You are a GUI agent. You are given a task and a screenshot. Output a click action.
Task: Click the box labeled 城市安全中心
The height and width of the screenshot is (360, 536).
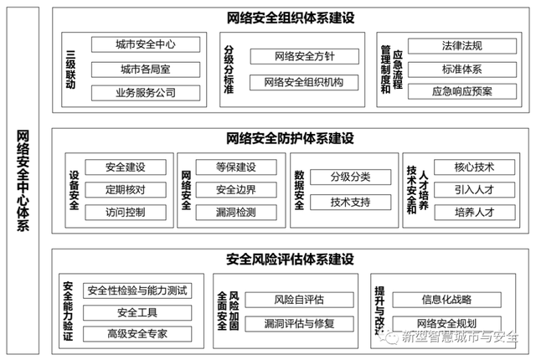coord(146,44)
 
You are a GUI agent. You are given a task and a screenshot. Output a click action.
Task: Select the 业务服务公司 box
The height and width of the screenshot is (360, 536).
coord(146,93)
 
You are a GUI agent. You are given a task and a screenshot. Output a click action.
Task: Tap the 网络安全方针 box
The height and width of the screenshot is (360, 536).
coord(305,56)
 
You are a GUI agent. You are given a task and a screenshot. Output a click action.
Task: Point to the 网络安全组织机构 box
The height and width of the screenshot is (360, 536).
coord(304,82)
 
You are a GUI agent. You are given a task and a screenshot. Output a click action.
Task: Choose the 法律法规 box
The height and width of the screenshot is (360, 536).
coord(462,46)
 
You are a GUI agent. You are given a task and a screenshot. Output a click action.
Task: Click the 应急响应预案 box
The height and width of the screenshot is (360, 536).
coord(462,91)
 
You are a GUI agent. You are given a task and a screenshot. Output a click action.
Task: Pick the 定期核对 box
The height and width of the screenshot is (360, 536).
coord(126,190)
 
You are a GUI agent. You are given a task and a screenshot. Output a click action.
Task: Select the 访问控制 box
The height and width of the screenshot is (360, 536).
coord(126,213)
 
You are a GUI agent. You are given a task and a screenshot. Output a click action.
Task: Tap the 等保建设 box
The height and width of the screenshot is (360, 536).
coord(236,167)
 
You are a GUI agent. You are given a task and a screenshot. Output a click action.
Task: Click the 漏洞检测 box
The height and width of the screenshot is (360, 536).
coord(236,213)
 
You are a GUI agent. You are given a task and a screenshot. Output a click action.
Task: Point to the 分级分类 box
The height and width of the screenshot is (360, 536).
coord(350,177)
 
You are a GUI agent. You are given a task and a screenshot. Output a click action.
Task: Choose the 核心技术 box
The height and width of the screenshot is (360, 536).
coord(475,167)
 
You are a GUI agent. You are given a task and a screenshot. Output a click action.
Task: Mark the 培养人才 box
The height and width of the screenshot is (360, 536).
coord(475,213)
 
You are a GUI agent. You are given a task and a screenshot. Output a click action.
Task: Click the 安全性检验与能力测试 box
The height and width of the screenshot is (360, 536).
coord(137,291)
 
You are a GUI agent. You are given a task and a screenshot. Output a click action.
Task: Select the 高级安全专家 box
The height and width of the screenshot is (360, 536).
coord(137,334)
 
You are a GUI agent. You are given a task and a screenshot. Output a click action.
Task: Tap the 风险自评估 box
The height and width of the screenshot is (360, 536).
coord(300,300)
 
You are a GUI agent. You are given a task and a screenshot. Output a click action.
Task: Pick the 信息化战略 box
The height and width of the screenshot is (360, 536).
coord(446,300)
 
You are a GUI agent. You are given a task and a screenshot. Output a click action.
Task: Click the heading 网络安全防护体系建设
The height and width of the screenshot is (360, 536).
coord(291,139)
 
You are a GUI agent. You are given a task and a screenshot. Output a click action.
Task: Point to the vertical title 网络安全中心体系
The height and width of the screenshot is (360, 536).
coord(23,181)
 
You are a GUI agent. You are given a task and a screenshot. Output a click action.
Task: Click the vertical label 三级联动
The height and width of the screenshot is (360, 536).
coord(70,69)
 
